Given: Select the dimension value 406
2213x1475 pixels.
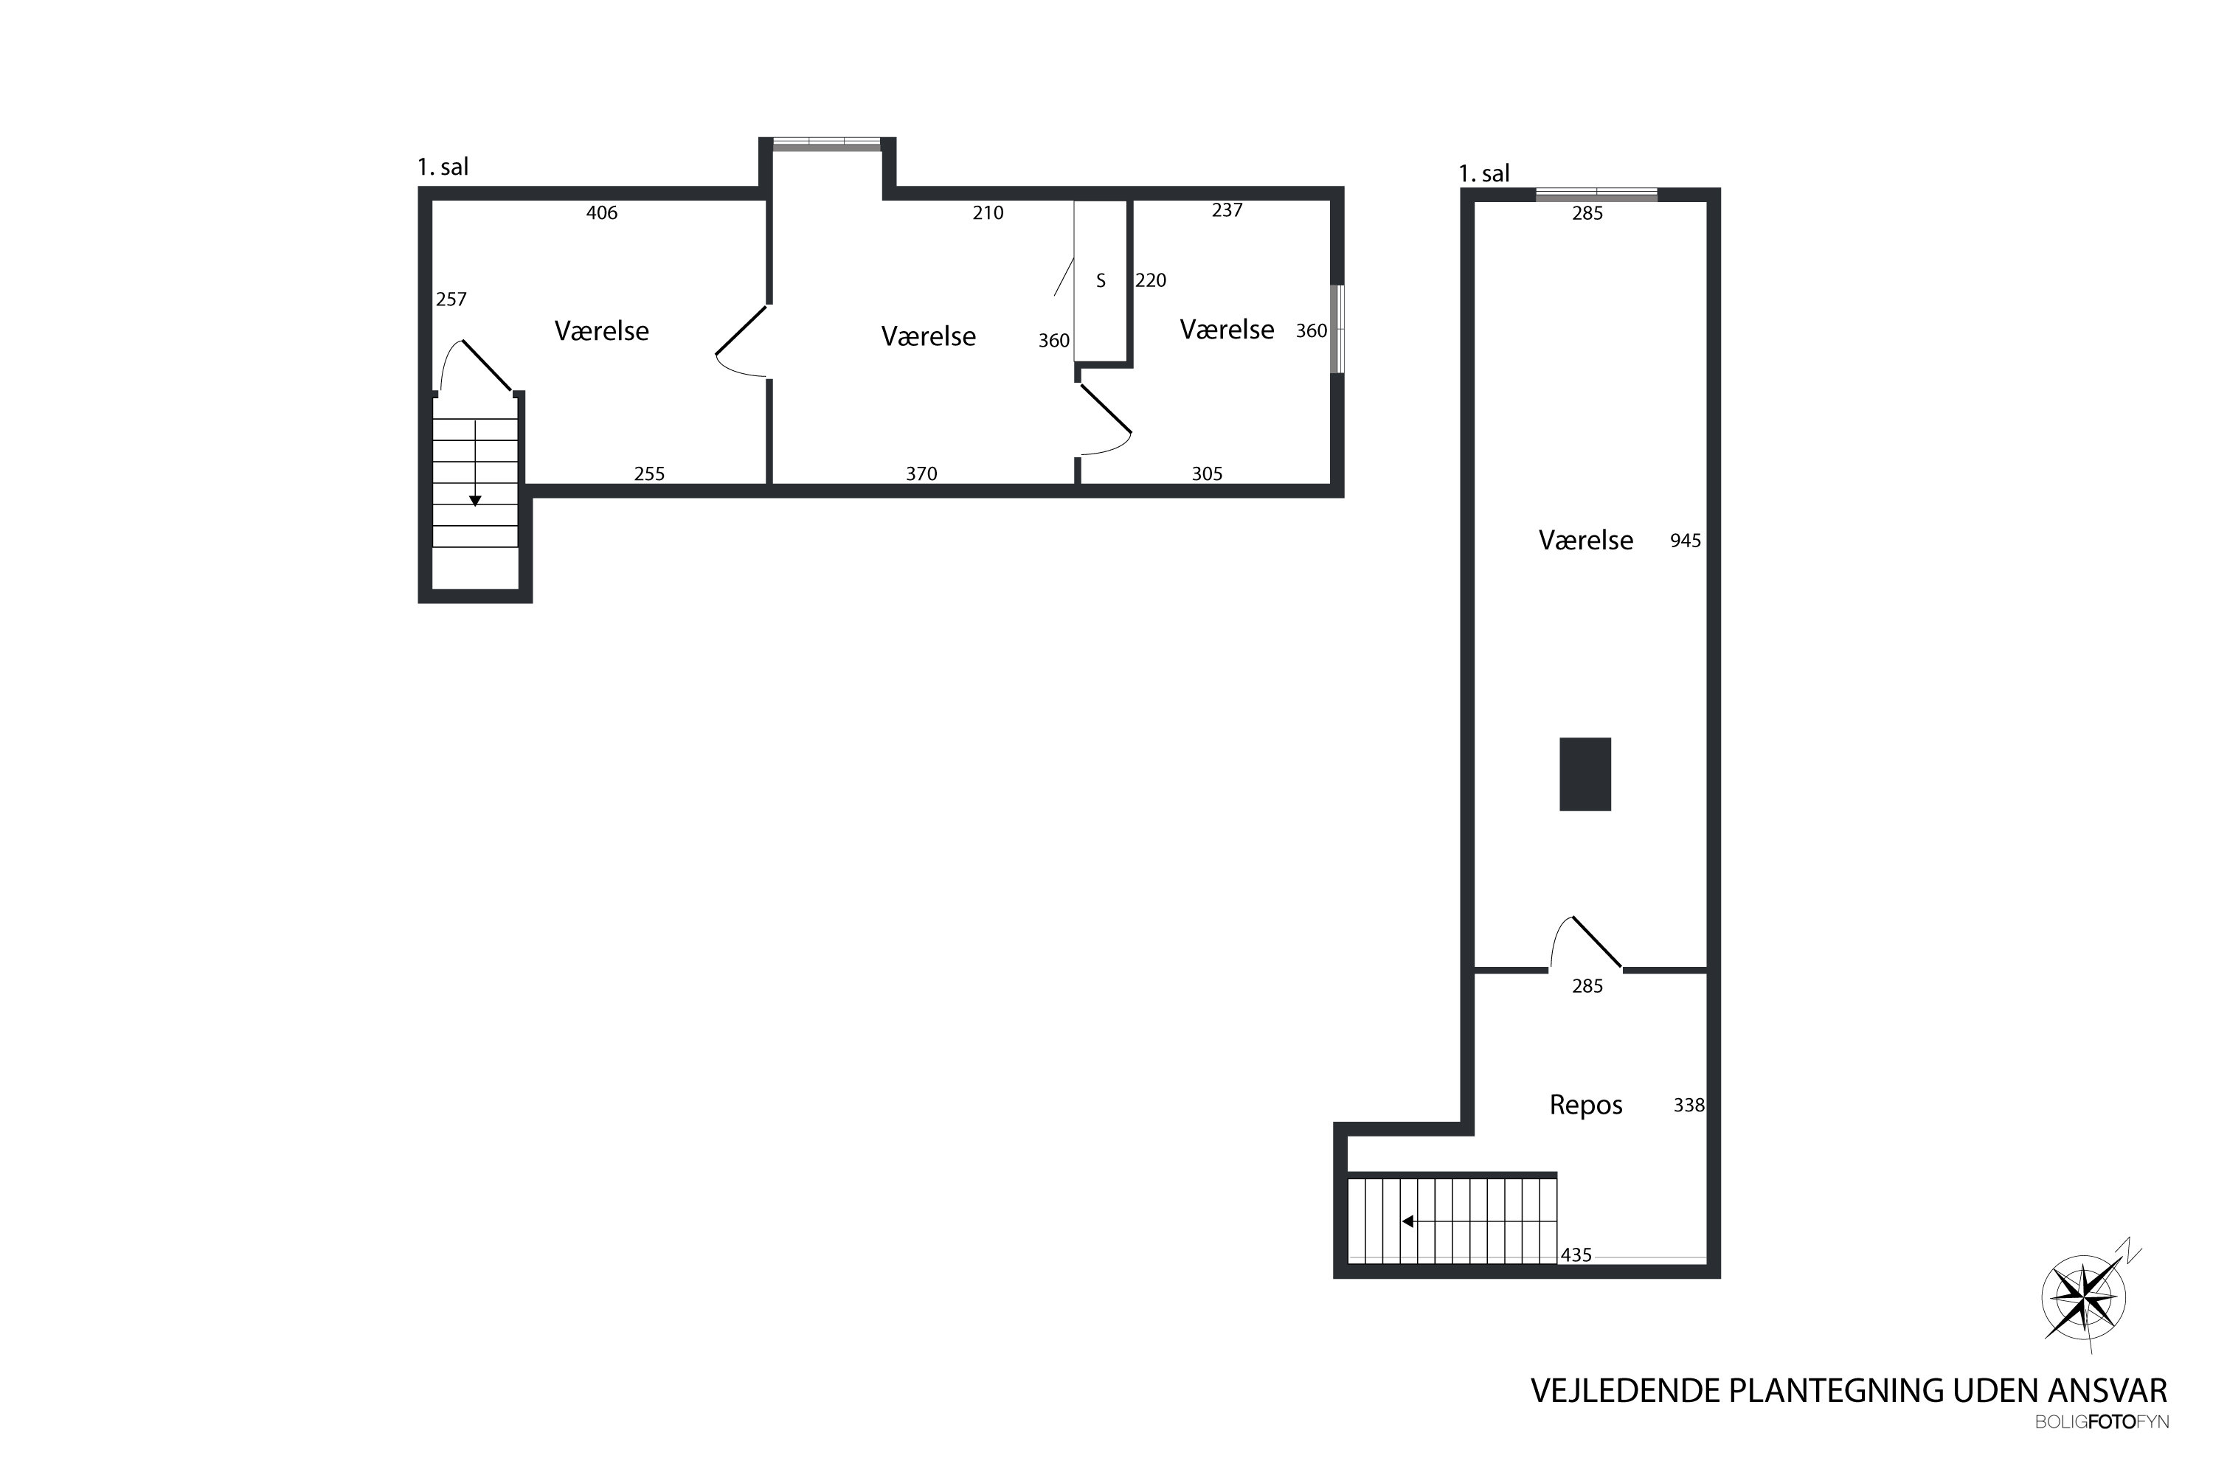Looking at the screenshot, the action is click(601, 212).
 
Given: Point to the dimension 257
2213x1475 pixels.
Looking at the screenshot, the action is click(451, 299).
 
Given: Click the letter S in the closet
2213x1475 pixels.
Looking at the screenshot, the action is click(1101, 280).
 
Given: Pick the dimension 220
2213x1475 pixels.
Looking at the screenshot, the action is click(1151, 280).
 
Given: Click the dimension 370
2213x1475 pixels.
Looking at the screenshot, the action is click(921, 474).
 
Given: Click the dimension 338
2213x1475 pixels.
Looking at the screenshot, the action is click(1689, 1106).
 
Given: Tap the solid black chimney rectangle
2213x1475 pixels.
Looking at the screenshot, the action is click(1585, 774).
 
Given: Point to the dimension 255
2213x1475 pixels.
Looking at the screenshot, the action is click(649, 474).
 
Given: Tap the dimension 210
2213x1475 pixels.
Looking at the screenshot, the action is click(988, 212).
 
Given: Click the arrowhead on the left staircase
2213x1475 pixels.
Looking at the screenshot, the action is click(475, 501).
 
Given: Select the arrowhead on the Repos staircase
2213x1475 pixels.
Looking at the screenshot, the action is click(1407, 1222).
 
